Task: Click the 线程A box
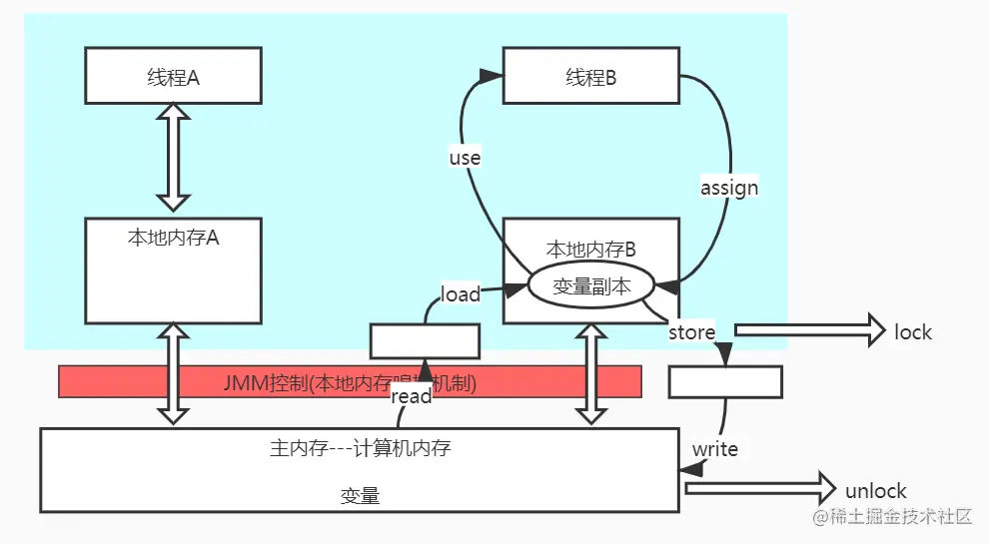[174, 76]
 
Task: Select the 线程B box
[591, 76]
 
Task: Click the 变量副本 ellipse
[591, 285]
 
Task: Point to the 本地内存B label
[591, 248]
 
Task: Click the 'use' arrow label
[465, 158]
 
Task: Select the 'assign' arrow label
[730, 188]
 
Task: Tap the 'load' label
[461, 294]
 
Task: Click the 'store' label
[691, 332]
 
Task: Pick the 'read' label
[412, 396]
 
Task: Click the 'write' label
[715, 449]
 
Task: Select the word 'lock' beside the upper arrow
[913, 332]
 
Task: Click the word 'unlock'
[876, 491]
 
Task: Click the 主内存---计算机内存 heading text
[360, 448]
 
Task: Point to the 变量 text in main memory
[360, 495]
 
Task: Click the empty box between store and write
[725, 381]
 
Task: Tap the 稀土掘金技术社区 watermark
[892, 517]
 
